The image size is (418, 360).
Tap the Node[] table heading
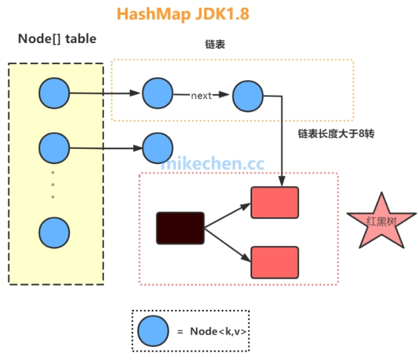57,39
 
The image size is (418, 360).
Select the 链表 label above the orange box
215,45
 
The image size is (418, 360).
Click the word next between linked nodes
201,96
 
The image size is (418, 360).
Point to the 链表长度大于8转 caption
337,134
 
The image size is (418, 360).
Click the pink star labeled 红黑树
375,221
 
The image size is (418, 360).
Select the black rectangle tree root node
180,228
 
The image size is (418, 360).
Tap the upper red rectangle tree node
275,202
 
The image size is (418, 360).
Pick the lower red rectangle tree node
275,262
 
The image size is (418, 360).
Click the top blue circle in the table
54,93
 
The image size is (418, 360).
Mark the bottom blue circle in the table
54,232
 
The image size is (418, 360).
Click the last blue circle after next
248,96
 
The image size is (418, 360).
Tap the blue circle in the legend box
153,331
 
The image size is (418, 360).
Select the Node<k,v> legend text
217,331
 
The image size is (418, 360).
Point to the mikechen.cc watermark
213,163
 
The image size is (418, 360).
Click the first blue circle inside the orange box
158,93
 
